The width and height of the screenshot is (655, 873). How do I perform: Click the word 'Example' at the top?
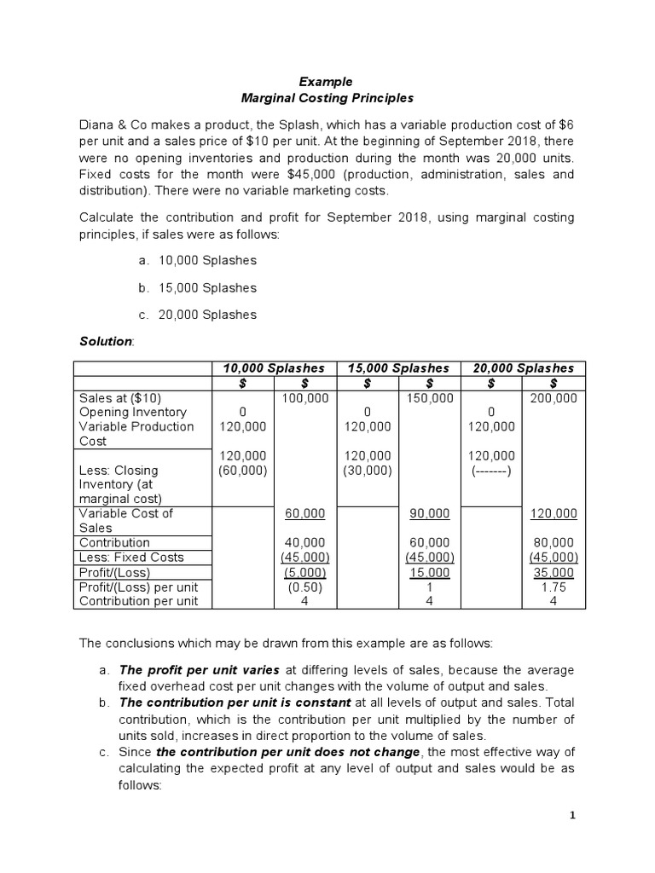coord(325,82)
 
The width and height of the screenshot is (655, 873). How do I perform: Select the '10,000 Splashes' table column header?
coord(274,368)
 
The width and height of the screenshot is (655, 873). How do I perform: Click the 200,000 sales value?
coord(553,398)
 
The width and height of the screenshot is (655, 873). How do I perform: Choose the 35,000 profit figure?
coord(553,573)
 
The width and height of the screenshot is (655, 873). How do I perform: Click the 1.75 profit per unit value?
coord(553,587)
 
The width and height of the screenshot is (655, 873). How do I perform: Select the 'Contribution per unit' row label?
coord(138,601)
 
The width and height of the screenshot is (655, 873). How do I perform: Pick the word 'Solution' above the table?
coord(106,341)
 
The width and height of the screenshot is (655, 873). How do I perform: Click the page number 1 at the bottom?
coord(573,816)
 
